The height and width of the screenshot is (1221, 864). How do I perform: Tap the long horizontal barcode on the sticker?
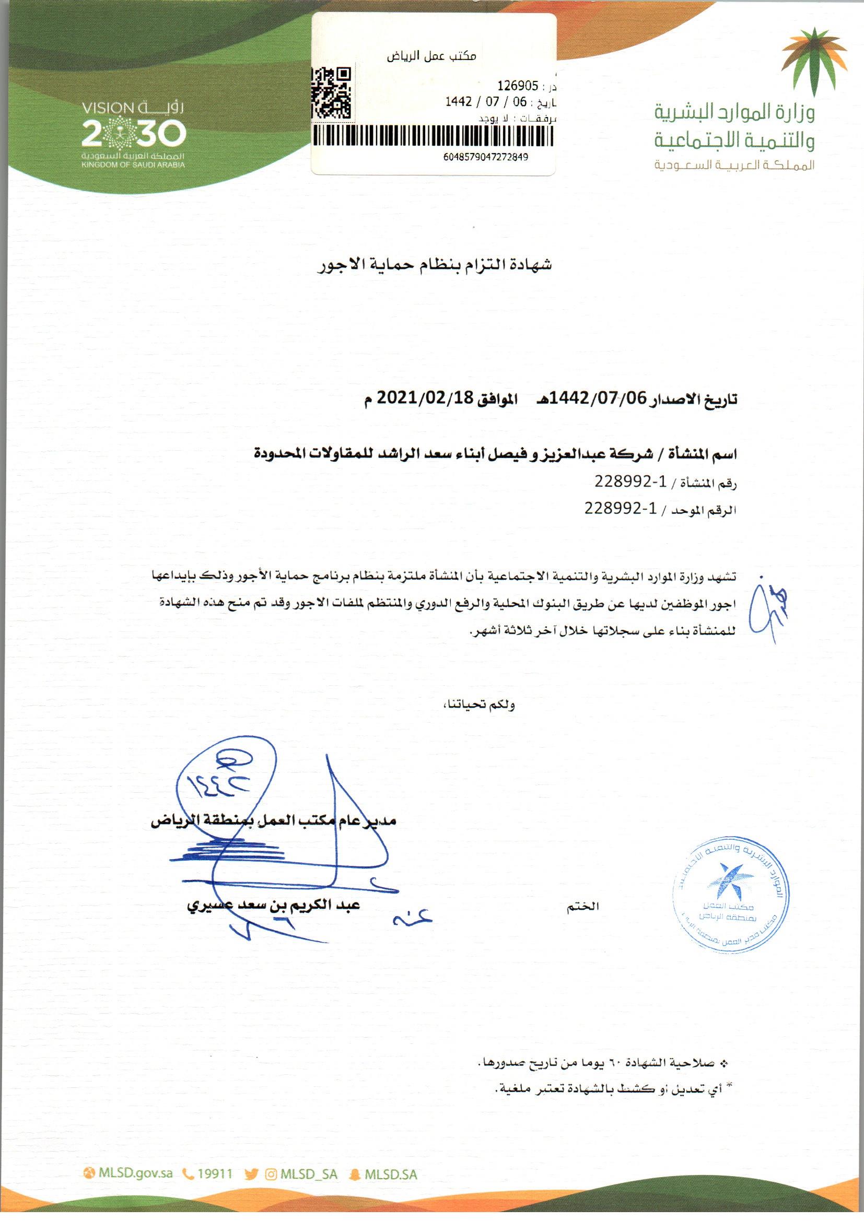point(432,136)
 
